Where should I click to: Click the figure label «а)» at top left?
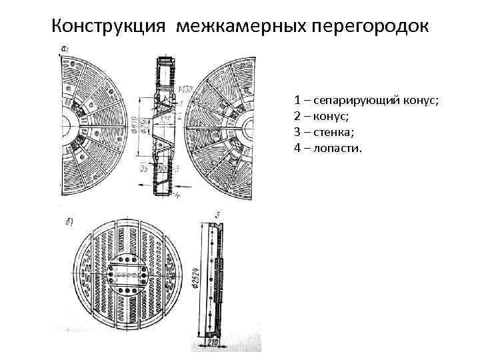[65, 49]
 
